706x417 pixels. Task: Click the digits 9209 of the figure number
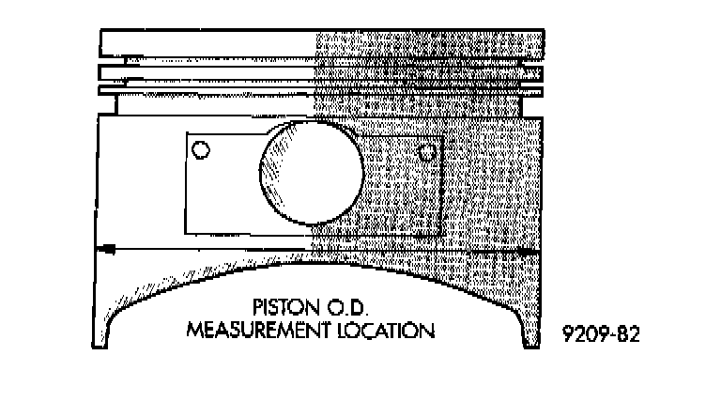point(583,333)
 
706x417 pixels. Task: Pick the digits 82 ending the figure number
point(630,333)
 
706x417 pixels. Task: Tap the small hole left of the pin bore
point(200,148)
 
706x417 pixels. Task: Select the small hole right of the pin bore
point(427,151)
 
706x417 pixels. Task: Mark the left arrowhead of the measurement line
point(108,249)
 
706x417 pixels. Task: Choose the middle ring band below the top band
point(322,72)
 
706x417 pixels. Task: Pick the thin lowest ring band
point(322,90)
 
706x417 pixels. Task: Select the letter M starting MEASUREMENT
point(194,330)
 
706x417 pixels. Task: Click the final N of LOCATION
point(428,330)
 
